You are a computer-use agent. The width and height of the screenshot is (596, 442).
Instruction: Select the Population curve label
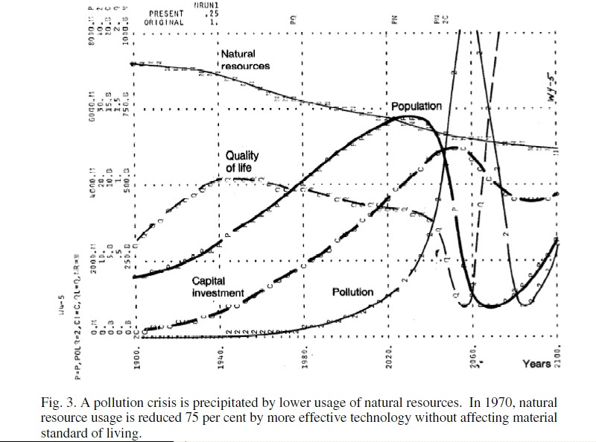tap(416, 106)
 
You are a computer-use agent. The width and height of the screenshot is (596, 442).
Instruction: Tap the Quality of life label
tap(242, 162)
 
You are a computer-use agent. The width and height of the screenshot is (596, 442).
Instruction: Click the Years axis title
tap(536, 364)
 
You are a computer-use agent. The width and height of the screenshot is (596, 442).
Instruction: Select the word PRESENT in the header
tap(165, 13)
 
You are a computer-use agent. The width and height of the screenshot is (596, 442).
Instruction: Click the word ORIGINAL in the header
tap(165, 22)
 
